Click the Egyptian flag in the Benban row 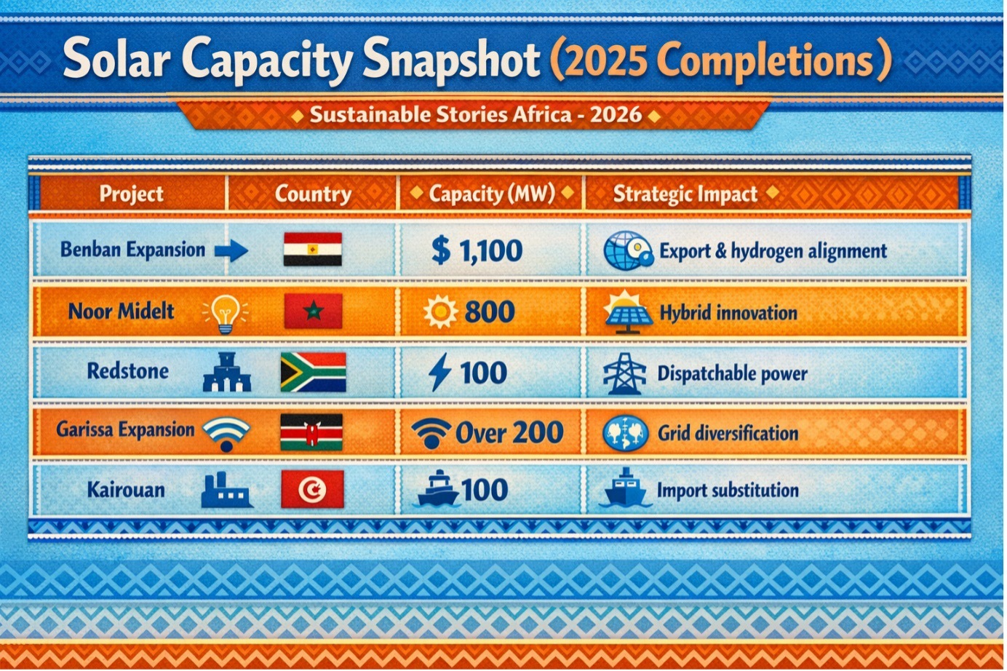coord(313,249)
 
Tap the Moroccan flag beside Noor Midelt coord(313,311)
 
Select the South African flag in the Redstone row coord(314,372)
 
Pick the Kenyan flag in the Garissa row coord(311,432)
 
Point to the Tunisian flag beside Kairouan coord(312,489)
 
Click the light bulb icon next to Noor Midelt coord(226,314)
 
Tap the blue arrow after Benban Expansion coord(231,250)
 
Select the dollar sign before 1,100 coord(441,250)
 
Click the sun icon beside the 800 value coord(441,311)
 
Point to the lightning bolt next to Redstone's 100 coord(439,372)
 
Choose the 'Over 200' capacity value coord(509,432)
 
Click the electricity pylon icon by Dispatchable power coord(624,373)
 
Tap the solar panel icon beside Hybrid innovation coord(628,312)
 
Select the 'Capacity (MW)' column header coord(492,194)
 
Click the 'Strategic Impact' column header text coord(685,194)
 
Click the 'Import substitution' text coord(728,491)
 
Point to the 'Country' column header coord(313,194)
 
